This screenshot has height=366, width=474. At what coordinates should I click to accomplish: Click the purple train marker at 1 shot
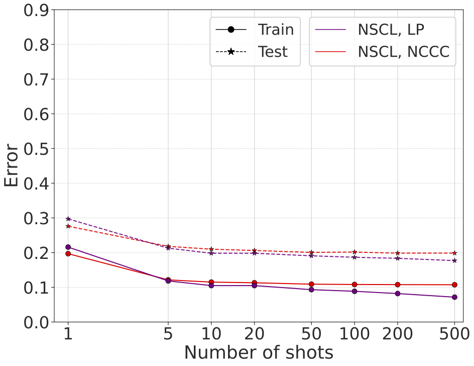click(68, 247)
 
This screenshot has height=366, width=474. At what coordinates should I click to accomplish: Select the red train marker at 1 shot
click(68, 253)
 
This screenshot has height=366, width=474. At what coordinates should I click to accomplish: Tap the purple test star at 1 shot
click(68, 219)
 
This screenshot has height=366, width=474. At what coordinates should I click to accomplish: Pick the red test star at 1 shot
click(68, 226)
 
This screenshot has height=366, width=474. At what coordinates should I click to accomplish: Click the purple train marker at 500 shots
click(454, 297)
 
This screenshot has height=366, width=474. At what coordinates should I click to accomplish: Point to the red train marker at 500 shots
click(454, 285)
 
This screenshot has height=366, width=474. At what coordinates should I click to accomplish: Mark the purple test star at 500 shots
click(454, 260)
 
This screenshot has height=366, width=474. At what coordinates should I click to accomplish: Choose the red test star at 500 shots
click(454, 253)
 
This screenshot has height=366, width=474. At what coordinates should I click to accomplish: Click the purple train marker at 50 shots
click(311, 290)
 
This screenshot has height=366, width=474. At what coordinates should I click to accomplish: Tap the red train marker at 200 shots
click(398, 285)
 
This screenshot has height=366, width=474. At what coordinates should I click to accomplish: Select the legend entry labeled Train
click(276, 30)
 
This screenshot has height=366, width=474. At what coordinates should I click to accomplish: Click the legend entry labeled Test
click(273, 51)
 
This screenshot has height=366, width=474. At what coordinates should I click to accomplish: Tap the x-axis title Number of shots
click(258, 352)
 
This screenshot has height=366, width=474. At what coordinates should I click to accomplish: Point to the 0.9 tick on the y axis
click(36, 10)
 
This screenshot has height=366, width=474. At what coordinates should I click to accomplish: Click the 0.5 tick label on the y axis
click(36, 149)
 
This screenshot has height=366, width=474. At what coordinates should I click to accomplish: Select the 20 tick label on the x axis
click(254, 334)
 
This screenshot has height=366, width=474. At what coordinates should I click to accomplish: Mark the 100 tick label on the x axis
click(354, 334)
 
